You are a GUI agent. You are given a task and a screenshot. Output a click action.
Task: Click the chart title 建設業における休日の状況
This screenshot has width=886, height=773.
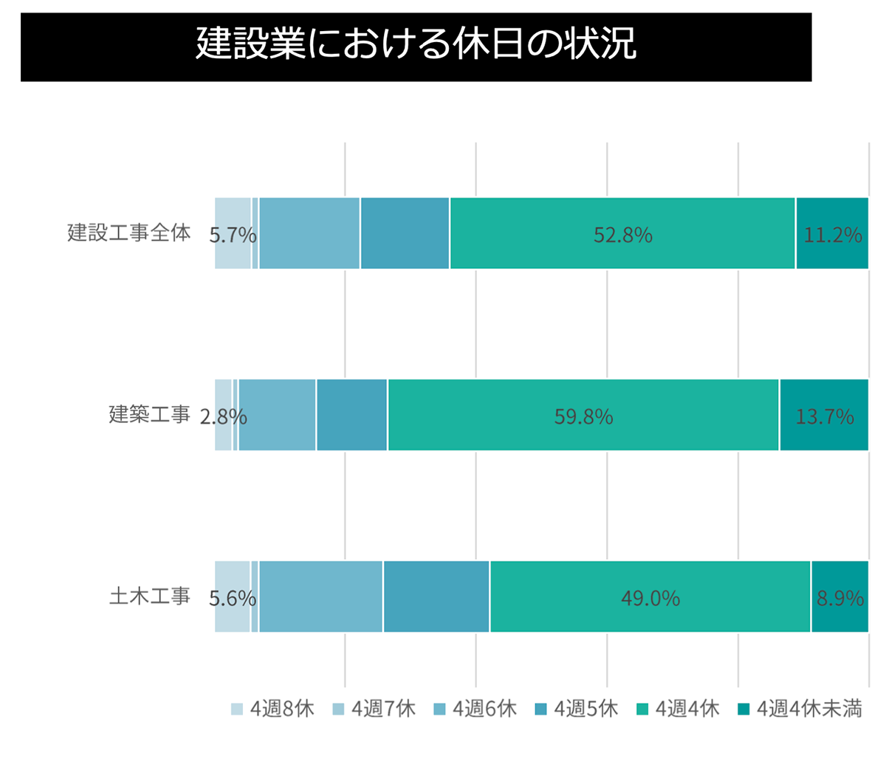[416, 44]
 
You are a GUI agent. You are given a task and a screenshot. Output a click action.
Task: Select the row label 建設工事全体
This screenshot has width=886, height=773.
[129, 233]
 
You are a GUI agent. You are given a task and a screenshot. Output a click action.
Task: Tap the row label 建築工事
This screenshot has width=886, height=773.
[150, 415]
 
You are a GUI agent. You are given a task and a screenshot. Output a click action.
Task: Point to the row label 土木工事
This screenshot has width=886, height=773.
[150, 597]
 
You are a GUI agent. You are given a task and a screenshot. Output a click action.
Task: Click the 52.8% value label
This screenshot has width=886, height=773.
[622, 235]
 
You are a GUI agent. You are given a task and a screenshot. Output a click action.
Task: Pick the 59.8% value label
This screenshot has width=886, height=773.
[583, 417]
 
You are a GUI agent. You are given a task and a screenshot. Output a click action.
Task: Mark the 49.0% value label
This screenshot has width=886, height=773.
[650, 598]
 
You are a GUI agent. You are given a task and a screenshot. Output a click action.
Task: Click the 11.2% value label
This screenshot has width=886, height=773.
[832, 235]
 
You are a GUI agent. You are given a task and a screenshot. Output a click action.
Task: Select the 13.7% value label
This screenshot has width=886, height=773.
[824, 417]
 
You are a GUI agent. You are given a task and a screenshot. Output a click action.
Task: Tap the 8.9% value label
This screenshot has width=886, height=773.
[839, 598]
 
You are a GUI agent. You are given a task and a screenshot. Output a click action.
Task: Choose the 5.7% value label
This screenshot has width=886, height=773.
[233, 236]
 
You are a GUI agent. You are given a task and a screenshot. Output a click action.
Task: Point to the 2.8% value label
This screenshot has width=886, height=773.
[223, 417]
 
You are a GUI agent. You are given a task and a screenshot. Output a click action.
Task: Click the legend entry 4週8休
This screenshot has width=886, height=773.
[273, 710]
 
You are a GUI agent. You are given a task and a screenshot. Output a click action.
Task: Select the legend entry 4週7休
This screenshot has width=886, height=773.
[374, 710]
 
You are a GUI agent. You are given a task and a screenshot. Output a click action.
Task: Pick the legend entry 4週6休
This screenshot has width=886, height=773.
[475, 710]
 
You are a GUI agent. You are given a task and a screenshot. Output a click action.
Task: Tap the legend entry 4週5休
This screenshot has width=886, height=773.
[577, 710]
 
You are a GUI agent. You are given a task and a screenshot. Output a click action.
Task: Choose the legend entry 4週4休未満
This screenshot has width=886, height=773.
[800, 710]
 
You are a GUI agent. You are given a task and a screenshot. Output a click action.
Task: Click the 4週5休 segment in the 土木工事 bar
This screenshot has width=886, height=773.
[436, 597]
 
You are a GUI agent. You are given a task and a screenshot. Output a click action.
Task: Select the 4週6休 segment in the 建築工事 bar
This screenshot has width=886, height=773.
[278, 415]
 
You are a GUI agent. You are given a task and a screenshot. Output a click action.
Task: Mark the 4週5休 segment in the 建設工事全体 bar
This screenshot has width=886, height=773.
[405, 233]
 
